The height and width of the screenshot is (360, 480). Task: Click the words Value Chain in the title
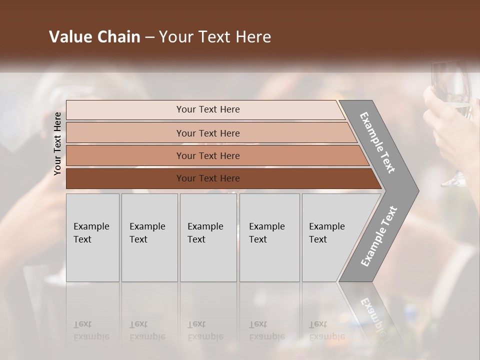[x=94, y=37]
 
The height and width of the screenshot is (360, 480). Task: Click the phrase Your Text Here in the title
[x=215, y=37]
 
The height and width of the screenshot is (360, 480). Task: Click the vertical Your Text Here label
[x=57, y=143]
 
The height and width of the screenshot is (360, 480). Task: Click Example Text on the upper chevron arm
[x=377, y=142]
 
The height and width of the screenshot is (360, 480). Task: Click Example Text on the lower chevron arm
[x=378, y=236]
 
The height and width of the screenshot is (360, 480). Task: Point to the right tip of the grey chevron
[x=417, y=190]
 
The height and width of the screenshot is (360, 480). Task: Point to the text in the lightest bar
[x=208, y=109]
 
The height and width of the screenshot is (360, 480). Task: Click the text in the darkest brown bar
[x=208, y=178]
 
